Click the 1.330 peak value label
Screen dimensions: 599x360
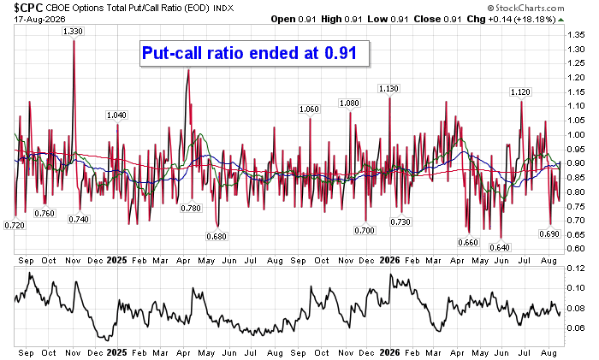click(x=73, y=32)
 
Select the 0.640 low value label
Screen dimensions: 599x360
click(x=500, y=248)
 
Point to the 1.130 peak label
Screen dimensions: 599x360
click(x=388, y=89)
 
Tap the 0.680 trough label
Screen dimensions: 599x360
click(x=216, y=237)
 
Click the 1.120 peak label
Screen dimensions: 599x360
click(x=520, y=92)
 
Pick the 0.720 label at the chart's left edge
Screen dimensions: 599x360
click(x=15, y=226)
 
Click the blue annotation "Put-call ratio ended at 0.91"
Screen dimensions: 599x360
click(x=249, y=53)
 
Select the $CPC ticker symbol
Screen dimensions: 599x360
click(x=28, y=8)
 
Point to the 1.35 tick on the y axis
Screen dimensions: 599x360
click(x=576, y=35)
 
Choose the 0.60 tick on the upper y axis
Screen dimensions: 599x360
click(x=576, y=249)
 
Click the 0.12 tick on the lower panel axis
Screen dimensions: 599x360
click(x=576, y=269)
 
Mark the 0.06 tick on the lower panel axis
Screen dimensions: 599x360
click(x=576, y=328)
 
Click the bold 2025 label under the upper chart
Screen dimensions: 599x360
click(x=117, y=260)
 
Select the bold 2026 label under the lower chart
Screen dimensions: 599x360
click(x=389, y=353)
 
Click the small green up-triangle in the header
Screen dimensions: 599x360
click(x=560, y=20)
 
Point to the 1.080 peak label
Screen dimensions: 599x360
click(x=349, y=103)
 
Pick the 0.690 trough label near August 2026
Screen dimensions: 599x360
click(x=549, y=234)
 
